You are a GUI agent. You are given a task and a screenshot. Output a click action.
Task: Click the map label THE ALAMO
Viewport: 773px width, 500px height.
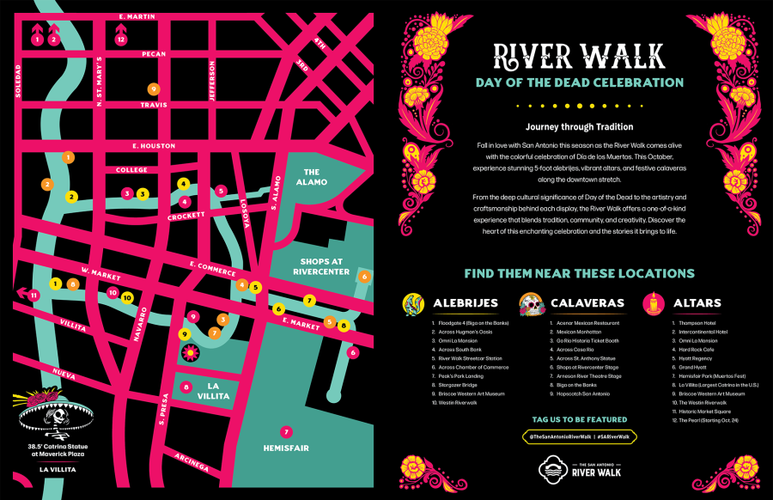(x=310, y=178)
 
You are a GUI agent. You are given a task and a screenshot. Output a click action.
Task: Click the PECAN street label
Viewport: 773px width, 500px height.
(x=154, y=53)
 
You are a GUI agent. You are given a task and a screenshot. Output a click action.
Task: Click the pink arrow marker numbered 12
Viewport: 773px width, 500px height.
(x=121, y=34)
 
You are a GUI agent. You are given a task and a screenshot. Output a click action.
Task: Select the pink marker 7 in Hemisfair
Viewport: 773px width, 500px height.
(x=286, y=431)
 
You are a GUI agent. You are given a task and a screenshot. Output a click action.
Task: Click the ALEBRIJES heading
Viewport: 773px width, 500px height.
(x=466, y=303)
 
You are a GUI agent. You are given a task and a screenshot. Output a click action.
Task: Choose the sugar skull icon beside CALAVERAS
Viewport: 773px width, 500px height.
(x=530, y=303)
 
